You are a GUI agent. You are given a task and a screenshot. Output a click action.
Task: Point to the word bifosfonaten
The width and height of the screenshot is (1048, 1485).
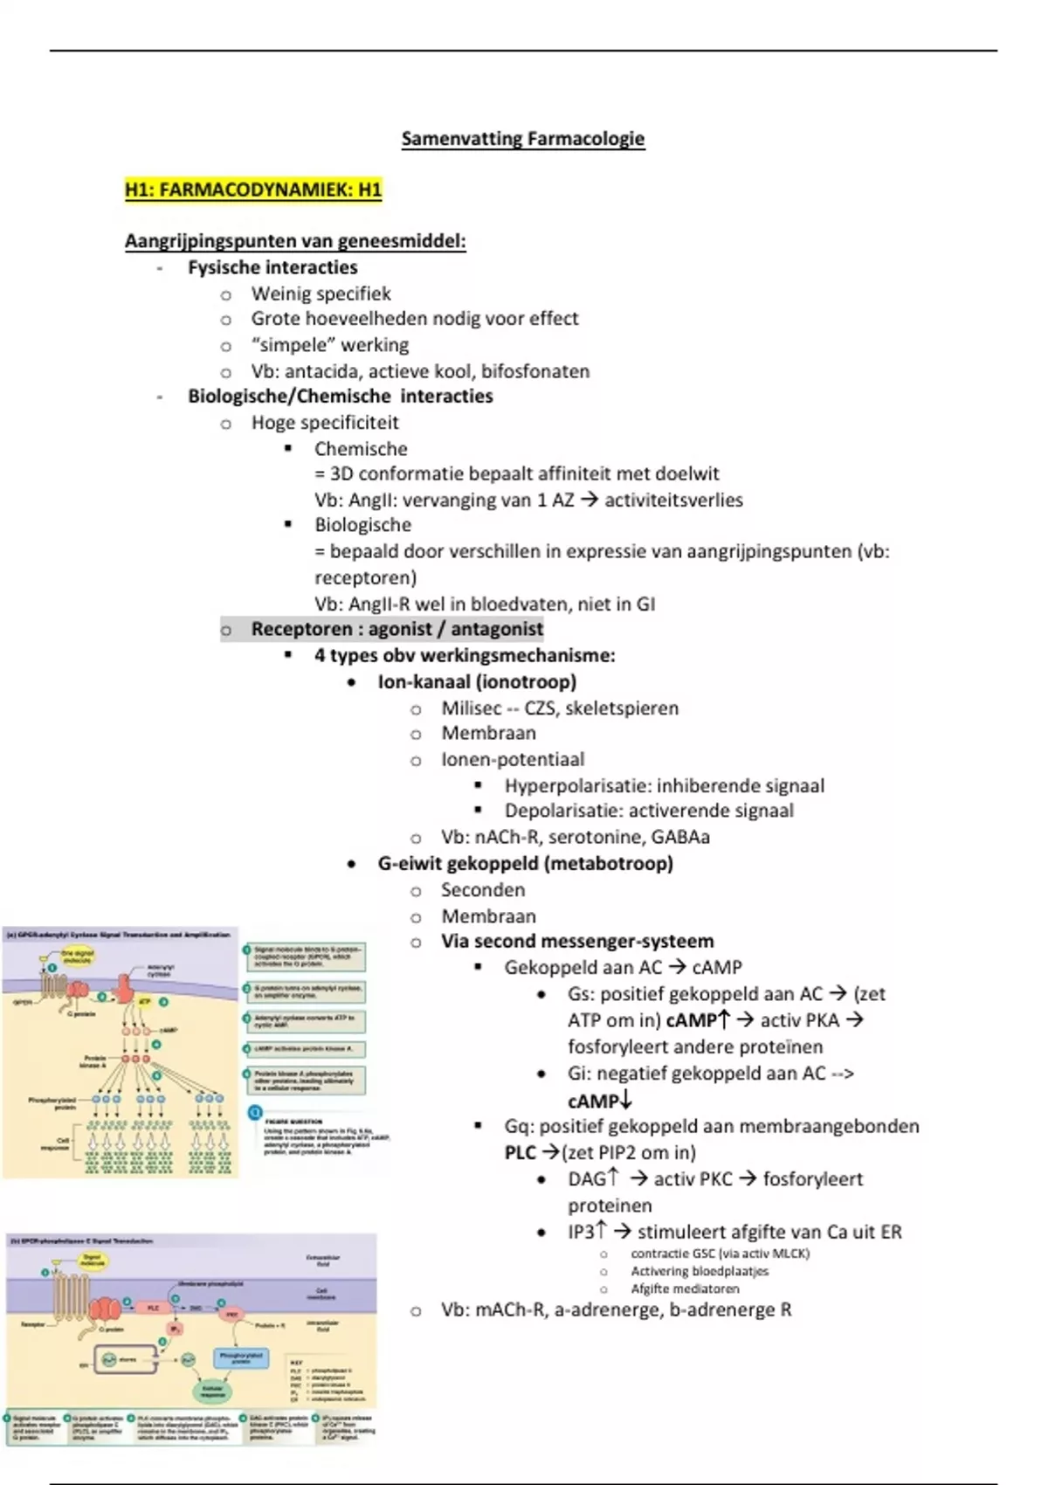click(534, 371)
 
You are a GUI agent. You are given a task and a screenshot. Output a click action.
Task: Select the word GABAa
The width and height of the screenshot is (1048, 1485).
click(680, 837)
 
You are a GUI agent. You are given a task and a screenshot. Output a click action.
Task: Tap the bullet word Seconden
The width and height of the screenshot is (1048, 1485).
click(483, 890)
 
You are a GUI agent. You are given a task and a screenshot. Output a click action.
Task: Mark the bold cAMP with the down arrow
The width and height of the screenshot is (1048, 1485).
click(594, 1101)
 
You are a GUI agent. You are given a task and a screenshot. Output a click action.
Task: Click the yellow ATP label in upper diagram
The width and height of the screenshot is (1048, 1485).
click(146, 1002)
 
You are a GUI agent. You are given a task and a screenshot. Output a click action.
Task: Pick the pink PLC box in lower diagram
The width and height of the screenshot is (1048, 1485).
click(154, 1308)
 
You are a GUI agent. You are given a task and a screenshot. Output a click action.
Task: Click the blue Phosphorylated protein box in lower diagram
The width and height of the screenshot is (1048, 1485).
click(241, 1358)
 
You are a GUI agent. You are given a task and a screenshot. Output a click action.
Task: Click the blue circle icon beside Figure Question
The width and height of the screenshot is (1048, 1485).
click(255, 1113)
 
